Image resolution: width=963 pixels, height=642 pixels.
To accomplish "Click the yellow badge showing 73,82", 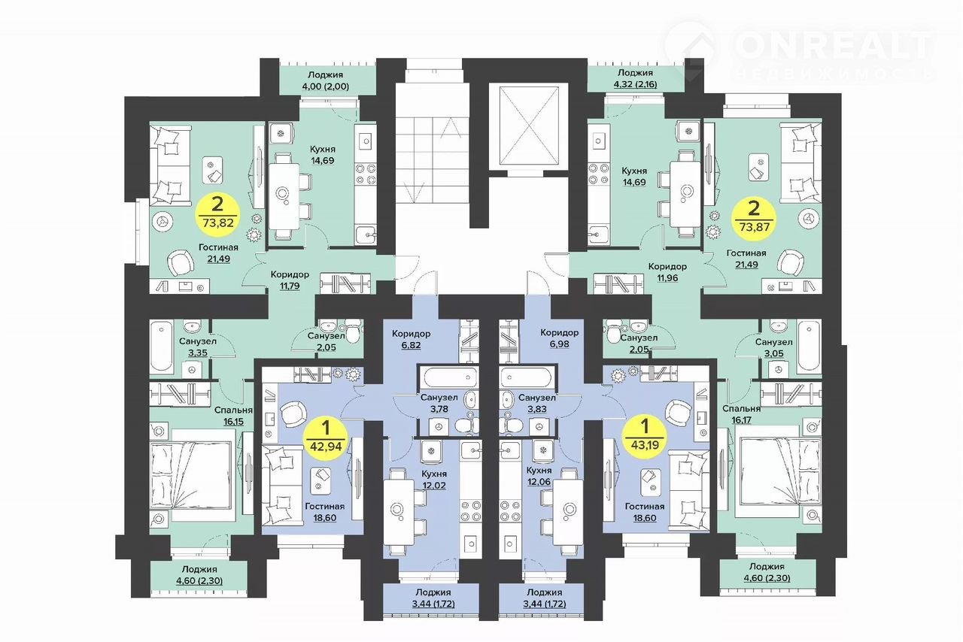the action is [x=217, y=214].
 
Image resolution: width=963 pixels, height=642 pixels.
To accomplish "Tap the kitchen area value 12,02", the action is [x=434, y=485].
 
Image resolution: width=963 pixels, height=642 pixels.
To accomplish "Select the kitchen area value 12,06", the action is [x=539, y=482].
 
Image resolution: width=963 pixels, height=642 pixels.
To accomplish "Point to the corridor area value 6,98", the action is [x=559, y=344].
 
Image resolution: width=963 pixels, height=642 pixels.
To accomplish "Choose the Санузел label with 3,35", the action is [x=198, y=341].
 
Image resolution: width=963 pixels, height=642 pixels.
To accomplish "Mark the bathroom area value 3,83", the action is [x=537, y=410].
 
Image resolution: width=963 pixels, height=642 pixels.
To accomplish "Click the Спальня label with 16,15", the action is [x=233, y=410].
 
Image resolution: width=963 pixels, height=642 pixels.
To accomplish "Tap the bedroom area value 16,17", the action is [x=741, y=419].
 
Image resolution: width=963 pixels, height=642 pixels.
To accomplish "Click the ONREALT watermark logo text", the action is [x=835, y=46].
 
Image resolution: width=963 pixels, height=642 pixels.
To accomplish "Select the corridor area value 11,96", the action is [x=667, y=278].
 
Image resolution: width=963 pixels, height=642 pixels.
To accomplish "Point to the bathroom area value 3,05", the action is [x=773, y=353].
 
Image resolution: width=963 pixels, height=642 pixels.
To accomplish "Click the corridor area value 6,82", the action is [x=411, y=345].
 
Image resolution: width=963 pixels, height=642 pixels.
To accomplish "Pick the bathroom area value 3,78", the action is [x=439, y=409].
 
